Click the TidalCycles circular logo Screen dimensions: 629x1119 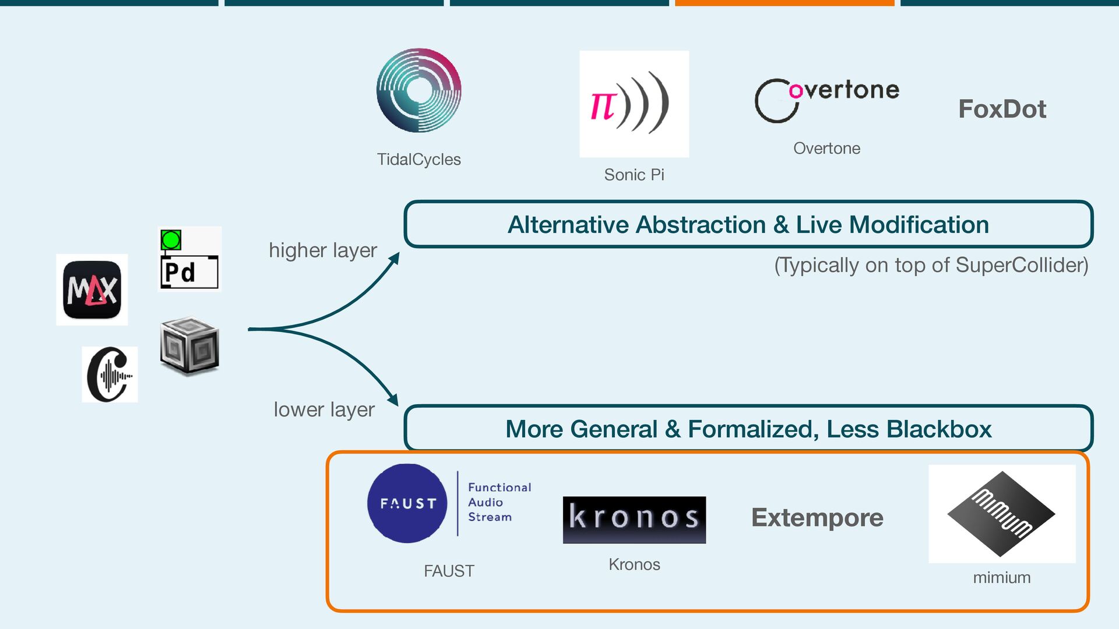418,90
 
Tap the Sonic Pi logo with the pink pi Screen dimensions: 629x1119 634,104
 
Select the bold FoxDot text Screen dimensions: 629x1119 1002,109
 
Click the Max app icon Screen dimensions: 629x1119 92,289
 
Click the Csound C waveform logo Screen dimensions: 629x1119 110,374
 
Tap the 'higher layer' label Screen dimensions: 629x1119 322,250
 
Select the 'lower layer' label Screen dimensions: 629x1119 324,409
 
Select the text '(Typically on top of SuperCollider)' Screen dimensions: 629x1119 931,265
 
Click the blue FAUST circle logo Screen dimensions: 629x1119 407,503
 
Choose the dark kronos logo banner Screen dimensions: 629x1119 634,520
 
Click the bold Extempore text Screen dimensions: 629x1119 817,517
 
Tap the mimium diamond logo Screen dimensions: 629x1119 1001,514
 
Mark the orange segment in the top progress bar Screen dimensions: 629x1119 784,3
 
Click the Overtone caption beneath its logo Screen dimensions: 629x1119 826,149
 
